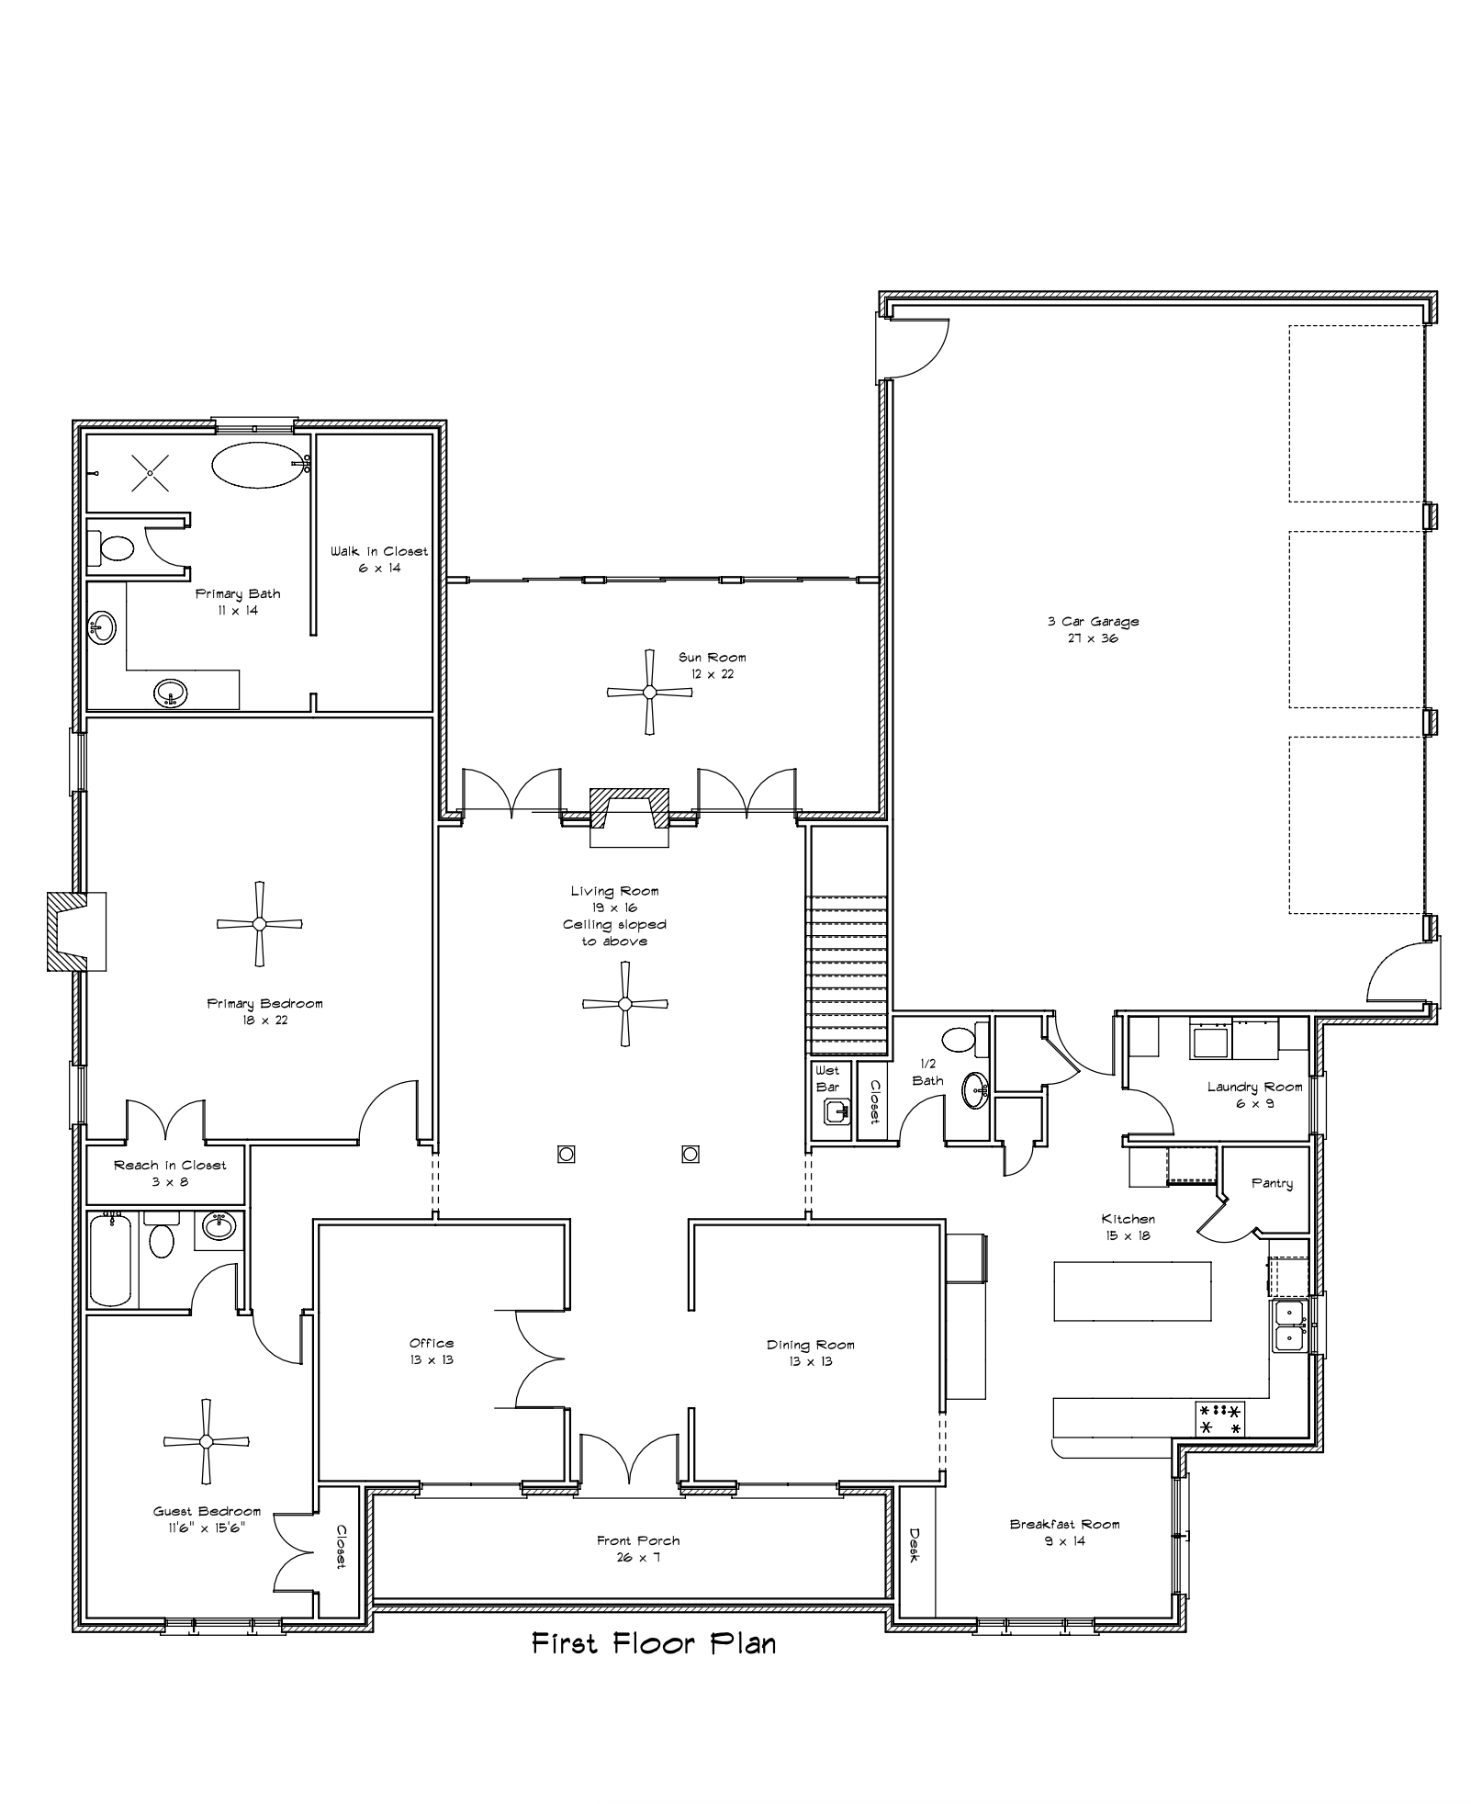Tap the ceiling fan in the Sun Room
[649, 692]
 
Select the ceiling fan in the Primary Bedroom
[259, 923]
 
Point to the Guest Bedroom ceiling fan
[207, 1441]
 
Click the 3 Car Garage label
[1093, 629]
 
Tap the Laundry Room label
[1254, 1095]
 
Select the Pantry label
[1272, 1184]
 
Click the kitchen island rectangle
[1132, 1291]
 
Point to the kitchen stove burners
[1220, 1419]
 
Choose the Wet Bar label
[827, 1078]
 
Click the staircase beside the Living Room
[847, 975]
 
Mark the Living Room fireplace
[629, 817]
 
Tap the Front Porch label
[638, 1550]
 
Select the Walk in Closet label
[379, 559]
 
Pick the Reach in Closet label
[170, 1173]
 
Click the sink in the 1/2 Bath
[975, 1090]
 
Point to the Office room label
[432, 1351]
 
